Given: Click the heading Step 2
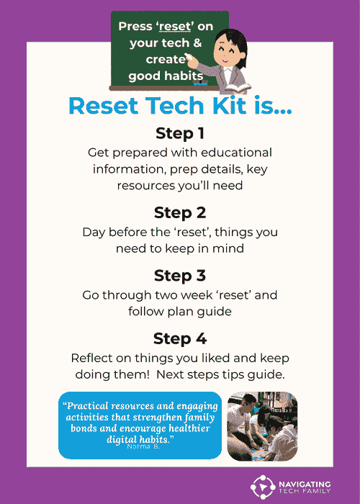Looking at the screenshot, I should pyautogui.click(x=179, y=213).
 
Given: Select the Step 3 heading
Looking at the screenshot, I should pyautogui.click(x=179, y=276).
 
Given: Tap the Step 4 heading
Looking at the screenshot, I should pyautogui.click(x=179, y=339).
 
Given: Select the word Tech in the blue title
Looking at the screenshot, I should pyautogui.click(x=171, y=105).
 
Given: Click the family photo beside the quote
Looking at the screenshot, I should pyautogui.click(x=262, y=426).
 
